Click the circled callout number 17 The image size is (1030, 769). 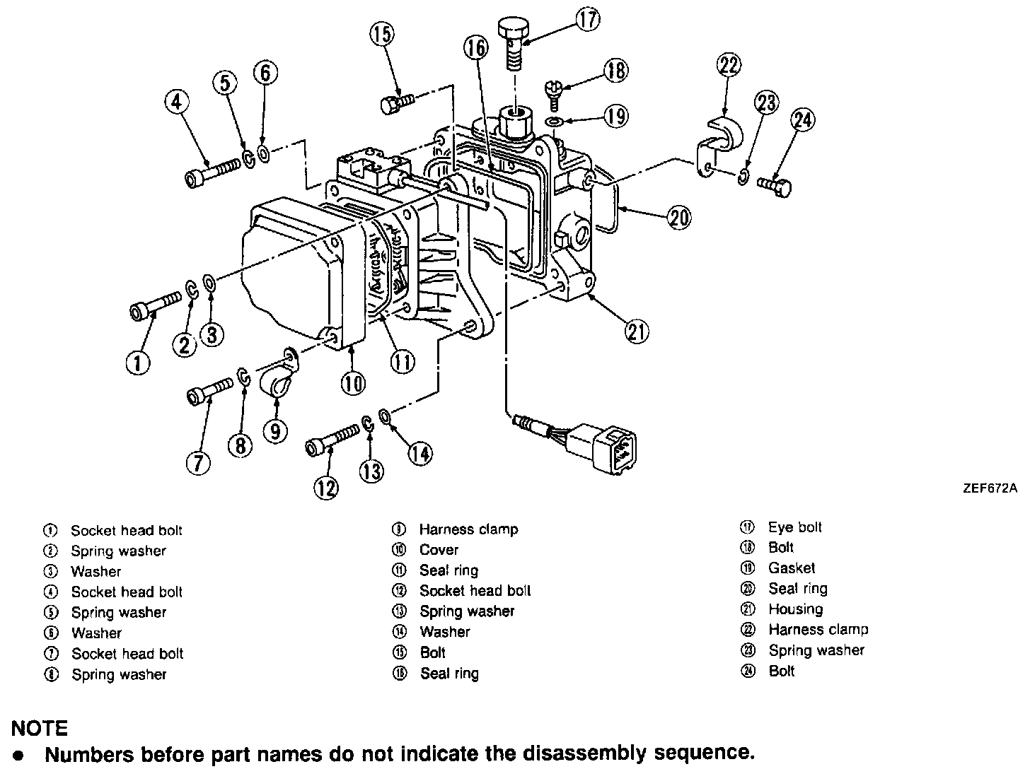pos(587,18)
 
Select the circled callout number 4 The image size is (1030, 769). pos(177,102)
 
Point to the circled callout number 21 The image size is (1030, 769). pos(637,331)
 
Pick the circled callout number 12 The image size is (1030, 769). pos(327,488)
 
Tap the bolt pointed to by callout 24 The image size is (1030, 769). pos(775,187)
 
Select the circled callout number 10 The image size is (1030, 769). pos(353,383)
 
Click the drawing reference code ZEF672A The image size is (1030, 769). pos(989,488)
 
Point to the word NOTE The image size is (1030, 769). pos(40,728)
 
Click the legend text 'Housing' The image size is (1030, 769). pos(796,609)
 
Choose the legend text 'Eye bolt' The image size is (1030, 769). pos(795,527)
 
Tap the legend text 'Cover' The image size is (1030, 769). pos(439,550)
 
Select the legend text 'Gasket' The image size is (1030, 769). pos(792,568)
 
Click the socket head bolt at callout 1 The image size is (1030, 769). pos(151,309)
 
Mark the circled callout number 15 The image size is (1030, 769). pos(382,35)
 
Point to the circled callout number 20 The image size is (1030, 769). pos(678,218)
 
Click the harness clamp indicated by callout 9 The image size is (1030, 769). pos(276,386)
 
